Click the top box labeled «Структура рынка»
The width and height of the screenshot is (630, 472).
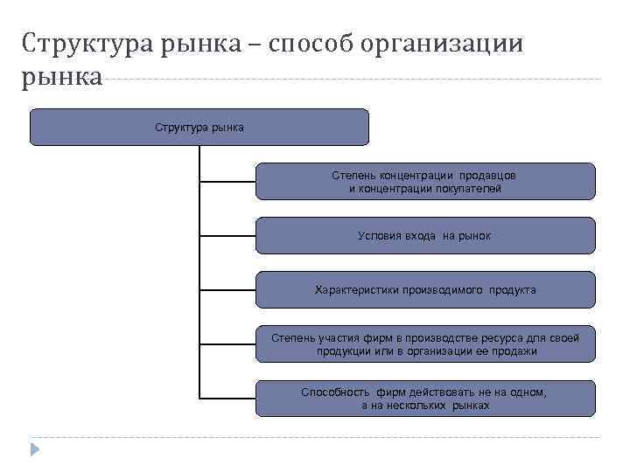199,128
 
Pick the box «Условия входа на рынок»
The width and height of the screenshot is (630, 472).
425,236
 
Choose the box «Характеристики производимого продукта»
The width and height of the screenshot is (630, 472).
425,289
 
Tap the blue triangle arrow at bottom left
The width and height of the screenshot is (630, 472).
35,449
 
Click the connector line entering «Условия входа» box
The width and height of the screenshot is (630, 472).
227,236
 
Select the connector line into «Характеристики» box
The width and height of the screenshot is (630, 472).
227,290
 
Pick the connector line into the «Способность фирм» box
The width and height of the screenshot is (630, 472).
227,399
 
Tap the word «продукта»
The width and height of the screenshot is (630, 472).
513,289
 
